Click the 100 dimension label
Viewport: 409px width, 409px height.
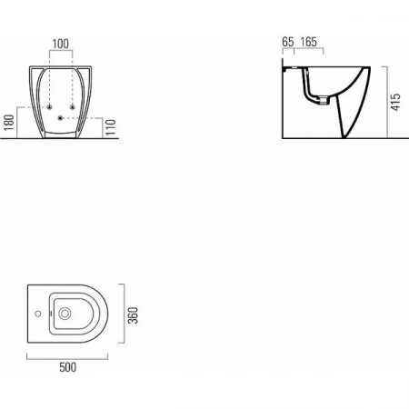coord(61,44)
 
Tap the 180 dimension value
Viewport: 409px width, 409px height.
coord(9,123)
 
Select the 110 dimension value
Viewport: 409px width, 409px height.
coord(111,127)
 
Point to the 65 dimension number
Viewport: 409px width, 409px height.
coord(288,42)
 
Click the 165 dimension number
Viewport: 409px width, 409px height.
coord(308,42)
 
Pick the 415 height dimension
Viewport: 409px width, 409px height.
coord(395,102)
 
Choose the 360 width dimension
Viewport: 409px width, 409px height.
coord(133,315)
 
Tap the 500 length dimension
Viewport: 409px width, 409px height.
coord(68,367)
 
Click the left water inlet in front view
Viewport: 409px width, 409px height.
coord(49,107)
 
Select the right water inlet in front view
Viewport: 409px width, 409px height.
coord(73,107)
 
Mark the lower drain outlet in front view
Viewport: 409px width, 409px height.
coord(60,118)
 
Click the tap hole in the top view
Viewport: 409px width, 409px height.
coord(38,314)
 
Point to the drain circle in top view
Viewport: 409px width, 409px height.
coord(65,314)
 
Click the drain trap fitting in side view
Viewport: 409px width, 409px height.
coord(324,100)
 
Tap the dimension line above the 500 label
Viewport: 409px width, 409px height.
coord(67,359)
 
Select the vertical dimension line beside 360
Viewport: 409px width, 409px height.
coord(124,314)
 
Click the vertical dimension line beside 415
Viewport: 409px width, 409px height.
coord(387,102)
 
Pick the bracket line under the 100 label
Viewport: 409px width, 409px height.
coord(61,51)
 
